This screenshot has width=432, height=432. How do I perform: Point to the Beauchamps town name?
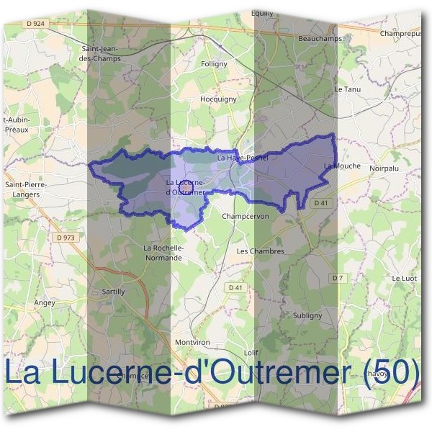[318, 38]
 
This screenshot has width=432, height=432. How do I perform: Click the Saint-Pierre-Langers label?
[27, 189]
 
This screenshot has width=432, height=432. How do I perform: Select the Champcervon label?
[246, 216]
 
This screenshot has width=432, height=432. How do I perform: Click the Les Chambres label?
[261, 251]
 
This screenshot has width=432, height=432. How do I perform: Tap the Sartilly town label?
[114, 292]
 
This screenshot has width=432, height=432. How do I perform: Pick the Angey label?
[45, 303]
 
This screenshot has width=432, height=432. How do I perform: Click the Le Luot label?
[405, 277]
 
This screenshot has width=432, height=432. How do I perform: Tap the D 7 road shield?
[336, 278]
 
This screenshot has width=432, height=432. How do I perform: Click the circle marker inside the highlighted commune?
[185, 186]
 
